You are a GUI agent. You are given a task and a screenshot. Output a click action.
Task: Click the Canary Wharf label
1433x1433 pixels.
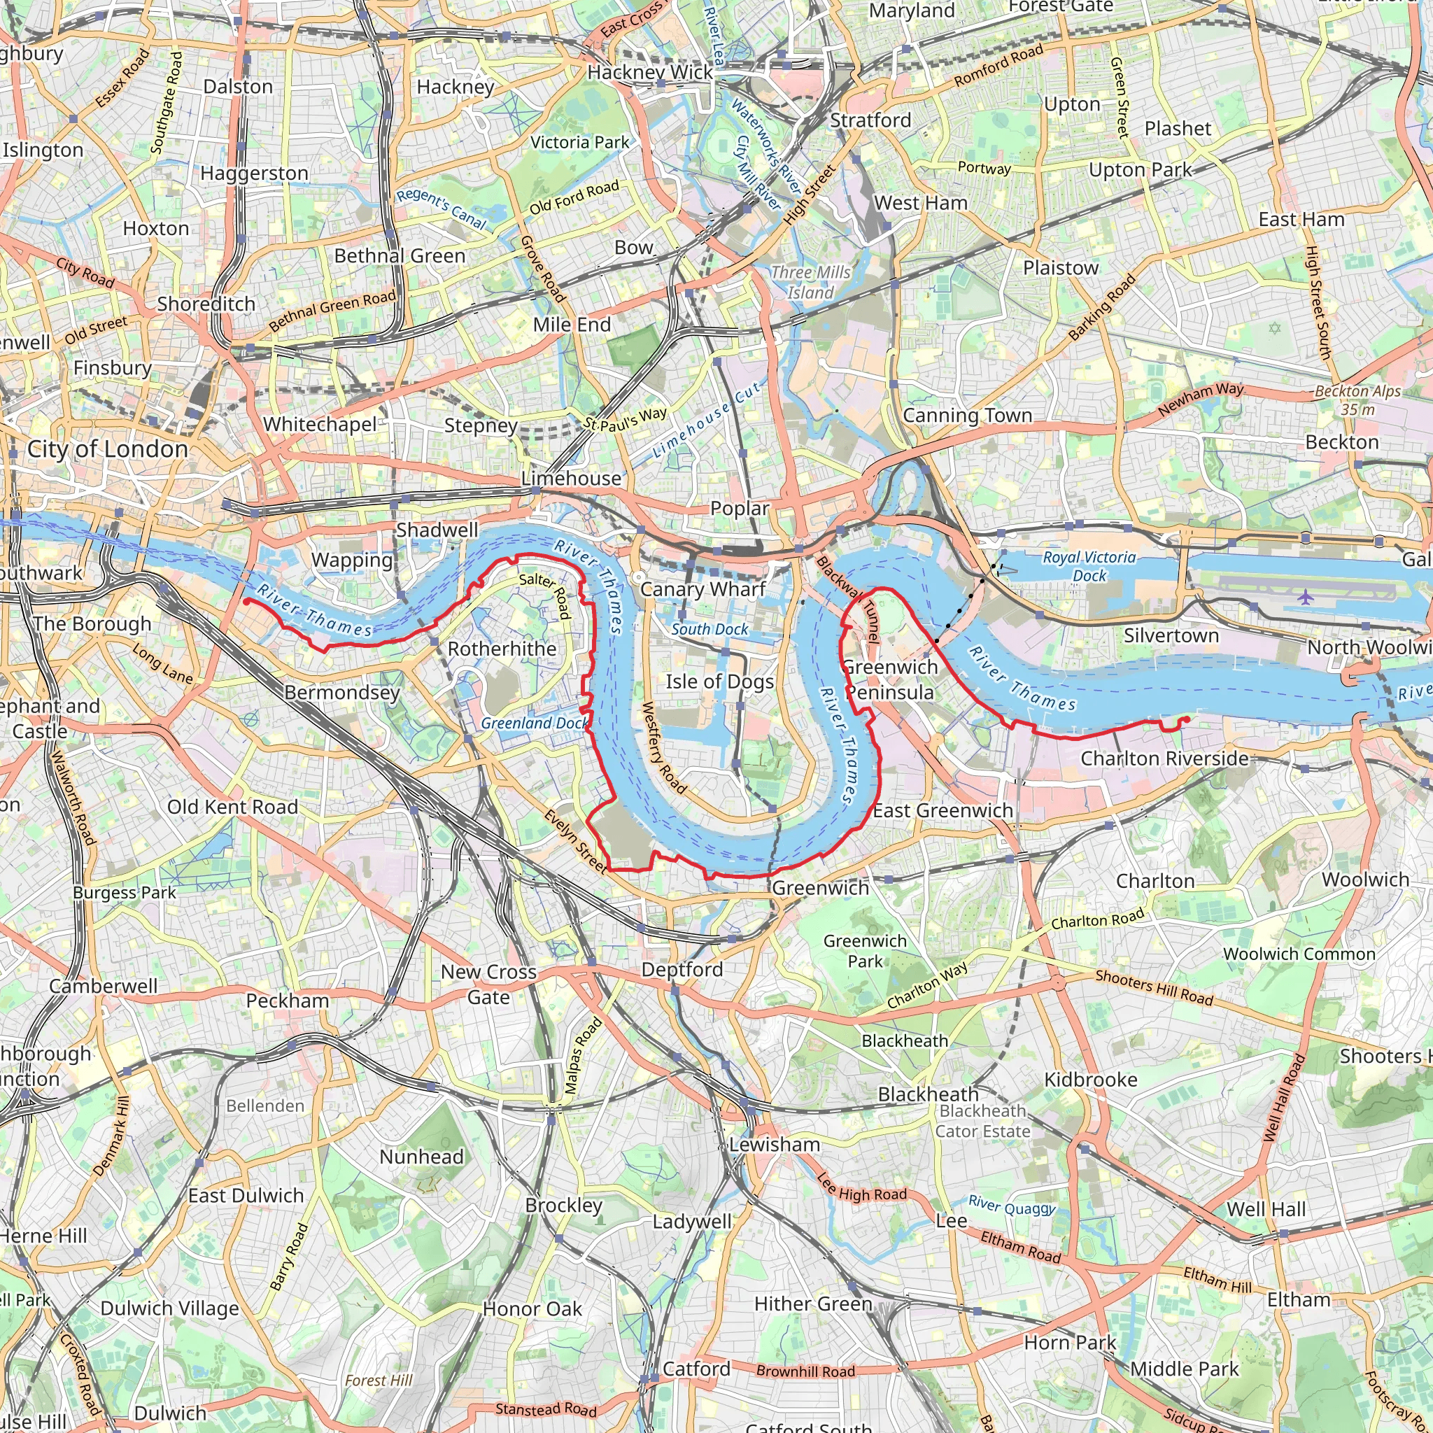coord(703,590)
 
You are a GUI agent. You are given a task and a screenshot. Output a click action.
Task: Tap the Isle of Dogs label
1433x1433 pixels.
coord(719,682)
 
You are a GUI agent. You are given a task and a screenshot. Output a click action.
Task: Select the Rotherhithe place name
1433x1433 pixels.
coord(502,649)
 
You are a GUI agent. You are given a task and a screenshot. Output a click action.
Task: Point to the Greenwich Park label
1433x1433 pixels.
coord(865,951)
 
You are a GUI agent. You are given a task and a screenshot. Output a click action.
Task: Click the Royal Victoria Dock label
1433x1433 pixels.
coord(1089,567)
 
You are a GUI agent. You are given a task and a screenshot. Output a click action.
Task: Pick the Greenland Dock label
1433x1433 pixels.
coord(534,723)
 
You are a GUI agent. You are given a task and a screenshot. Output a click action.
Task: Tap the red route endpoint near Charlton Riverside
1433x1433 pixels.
coord(1187,719)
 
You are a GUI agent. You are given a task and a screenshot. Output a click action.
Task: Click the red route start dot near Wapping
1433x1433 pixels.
coord(246,602)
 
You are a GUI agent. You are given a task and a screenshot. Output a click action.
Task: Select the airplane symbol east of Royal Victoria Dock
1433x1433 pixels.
coord(1306,596)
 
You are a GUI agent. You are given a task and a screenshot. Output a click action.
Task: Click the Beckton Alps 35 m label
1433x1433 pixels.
coord(1357,400)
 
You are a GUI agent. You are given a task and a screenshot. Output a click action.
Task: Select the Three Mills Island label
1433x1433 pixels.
coord(810,283)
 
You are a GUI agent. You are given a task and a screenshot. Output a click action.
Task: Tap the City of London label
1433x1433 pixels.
coord(108,449)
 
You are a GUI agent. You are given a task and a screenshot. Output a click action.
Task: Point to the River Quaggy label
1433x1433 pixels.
coord(1012,1206)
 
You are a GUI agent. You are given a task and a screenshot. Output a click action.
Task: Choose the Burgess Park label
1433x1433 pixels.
coord(124,893)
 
